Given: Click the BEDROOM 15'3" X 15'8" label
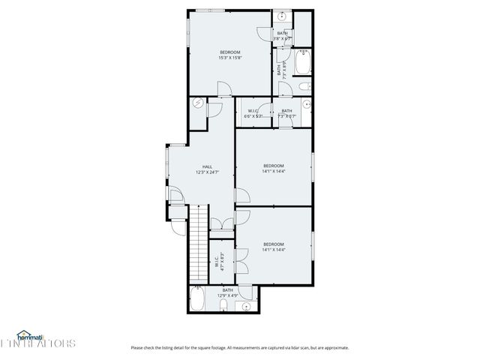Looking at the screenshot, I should (x=229, y=55).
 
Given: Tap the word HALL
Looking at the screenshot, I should (x=207, y=166).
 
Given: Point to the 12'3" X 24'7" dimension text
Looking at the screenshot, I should (x=207, y=172).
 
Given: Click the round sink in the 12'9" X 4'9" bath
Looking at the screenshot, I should (x=246, y=306).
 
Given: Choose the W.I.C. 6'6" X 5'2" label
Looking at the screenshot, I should (x=253, y=114).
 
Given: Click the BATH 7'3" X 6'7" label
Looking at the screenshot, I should (x=287, y=114).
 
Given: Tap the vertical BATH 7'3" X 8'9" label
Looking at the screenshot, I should (x=282, y=69).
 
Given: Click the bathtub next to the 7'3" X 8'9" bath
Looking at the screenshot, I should (x=302, y=63).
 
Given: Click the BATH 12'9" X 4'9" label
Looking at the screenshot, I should (x=227, y=292).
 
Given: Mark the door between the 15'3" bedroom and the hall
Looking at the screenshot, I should (x=224, y=93).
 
